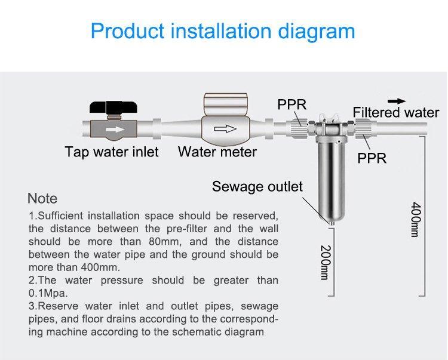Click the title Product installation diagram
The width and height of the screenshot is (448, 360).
pyautogui.click(x=223, y=31)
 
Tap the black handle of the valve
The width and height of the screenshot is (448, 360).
pyautogui.click(x=113, y=107)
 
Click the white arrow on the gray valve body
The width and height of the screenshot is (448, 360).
pyautogui.click(x=115, y=130)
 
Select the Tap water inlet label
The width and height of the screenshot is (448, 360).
pyautogui.click(x=112, y=152)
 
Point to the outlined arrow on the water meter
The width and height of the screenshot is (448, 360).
pyautogui.click(x=225, y=129)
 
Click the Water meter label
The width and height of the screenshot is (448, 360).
pyautogui.click(x=217, y=152)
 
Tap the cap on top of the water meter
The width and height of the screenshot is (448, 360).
pyautogui.click(x=225, y=104)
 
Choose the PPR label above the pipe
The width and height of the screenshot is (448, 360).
pyautogui.click(x=291, y=104)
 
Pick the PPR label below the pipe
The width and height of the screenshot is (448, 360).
pyautogui.click(x=372, y=158)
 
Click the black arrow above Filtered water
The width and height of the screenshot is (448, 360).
pyautogui.click(x=397, y=101)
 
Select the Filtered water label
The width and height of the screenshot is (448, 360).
pyautogui.click(x=395, y=112)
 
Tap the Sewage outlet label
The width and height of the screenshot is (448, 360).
pyautogui.click(x=257, y=186)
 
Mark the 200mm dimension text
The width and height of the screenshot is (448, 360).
pyautogui.click(x=326, y=262)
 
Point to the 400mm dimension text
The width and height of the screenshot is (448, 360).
pyautogui.click(x=416, y=220)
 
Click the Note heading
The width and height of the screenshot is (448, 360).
pyautogui.click(x=42, y=198)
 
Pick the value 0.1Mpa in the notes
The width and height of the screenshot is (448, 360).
pyautogui.click(x=48, y=293)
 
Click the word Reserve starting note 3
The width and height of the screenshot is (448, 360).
pyautogui.click(x=58, y=306)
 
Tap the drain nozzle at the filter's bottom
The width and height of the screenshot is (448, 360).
pyautogui.click(x=332, y=223)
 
